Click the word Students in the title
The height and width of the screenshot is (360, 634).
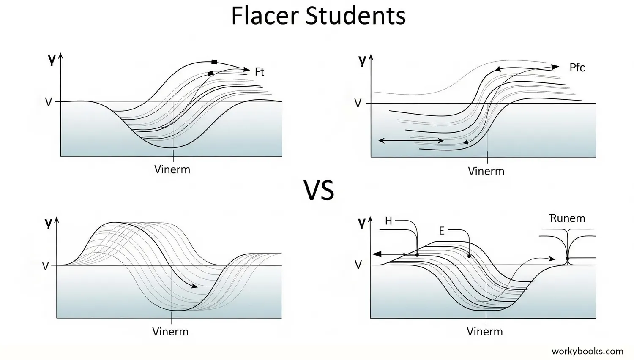pyautogui.click(x=355, y=16)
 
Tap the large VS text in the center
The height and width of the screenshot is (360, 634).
pyautogui.click(x=319, y=190)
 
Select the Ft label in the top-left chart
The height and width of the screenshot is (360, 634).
pyautogui.click(x=260, y=72)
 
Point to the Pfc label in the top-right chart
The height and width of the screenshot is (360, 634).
pyautogui.click(x=577, y=68)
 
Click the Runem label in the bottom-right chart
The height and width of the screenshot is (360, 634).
pyautogui.click(x=567, y=218)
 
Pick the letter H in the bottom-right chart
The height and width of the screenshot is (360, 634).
pyautogui.click(x=388, y=221)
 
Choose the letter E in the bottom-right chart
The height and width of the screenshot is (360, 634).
pyautogui.click(x=442, y=231)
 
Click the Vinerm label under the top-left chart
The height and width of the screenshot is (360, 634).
pyautogui.click(x=172, y=169)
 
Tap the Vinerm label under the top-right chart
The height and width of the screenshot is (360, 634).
pyautogui.click(x=486, y=171)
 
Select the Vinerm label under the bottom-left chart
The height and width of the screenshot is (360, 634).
pyautogui.click(x=170, y=331)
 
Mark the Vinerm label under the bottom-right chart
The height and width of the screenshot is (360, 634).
pyautogui.click(x=485, y=331)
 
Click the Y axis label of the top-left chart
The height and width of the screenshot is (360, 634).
pyautogui.click(x=52, y=61)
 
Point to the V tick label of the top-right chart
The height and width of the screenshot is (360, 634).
pyautogui.click(x=358, y=104)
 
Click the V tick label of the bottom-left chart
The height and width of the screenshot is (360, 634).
pyautogui.click(x=46, y=266)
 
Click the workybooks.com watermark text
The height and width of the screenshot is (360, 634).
pyautogui.click(x=587, y=351)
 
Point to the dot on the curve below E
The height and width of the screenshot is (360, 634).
pyautogui.click(x=469, y=256)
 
